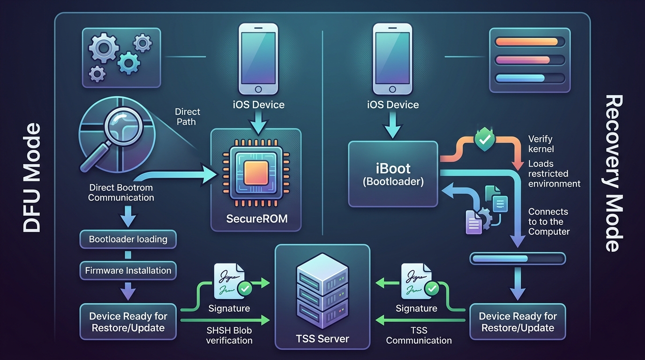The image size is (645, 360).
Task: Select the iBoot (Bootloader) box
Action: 393,174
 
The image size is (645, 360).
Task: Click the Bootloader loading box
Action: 128,239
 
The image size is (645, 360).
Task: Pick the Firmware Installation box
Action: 128,270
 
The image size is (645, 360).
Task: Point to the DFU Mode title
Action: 32,178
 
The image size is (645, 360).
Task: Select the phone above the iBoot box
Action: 393,59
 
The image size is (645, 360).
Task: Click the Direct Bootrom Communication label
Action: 121,193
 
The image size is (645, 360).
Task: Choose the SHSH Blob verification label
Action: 229,335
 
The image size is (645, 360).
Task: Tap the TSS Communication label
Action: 419,335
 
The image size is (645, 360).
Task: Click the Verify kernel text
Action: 541,144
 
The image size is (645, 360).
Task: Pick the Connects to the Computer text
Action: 548,221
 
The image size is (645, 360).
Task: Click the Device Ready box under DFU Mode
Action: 128,322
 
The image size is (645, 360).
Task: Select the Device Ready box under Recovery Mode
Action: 517,322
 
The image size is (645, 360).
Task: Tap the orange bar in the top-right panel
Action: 526,42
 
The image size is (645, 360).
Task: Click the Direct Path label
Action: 187,116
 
